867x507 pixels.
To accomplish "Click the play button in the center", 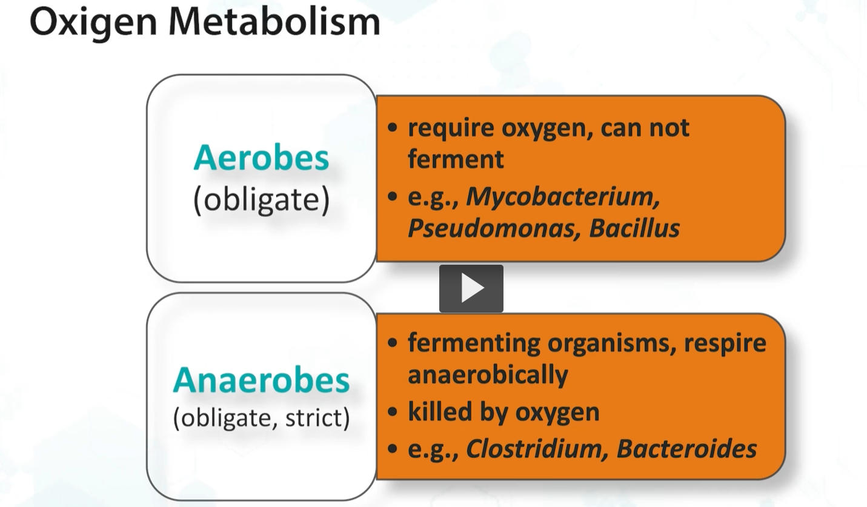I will tap(471, 289).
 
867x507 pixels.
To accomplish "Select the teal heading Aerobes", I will tap(261, 159).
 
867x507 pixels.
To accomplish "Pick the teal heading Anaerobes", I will tap(261, 380).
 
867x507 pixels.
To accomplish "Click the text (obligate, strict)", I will tap(261, 419).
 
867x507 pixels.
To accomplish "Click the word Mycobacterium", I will tap(563, 196).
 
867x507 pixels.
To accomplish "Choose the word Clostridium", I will tap(536, 449).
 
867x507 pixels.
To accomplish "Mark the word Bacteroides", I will tap(686, 449).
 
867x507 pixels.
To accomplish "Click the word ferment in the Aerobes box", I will tap(456, 159).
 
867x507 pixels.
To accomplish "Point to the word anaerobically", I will tap(488, 374).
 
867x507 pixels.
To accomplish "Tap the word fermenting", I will tap(474, 343).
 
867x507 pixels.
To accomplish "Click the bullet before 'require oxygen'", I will tap(393, 128).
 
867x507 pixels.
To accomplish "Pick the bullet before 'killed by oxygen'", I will tap(393, 412).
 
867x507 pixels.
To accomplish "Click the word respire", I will tap(725, 343).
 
